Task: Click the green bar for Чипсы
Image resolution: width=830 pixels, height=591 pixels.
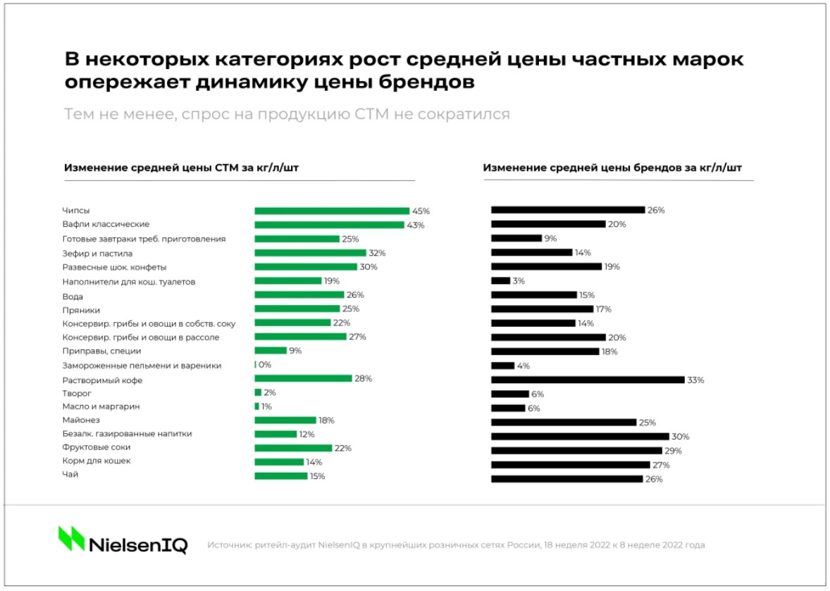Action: tap(332, 211)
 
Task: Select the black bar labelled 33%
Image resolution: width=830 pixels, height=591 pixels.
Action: tap(588, 380)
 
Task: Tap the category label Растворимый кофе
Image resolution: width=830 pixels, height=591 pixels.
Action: tap(103, 380)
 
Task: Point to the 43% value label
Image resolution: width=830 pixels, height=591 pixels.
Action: tap(416, 225)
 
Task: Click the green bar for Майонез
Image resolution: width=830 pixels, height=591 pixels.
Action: tap(285, 420)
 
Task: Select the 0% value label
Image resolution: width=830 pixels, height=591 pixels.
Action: tap(265, 365)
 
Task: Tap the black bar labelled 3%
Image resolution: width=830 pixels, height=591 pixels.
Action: tap(500, 280)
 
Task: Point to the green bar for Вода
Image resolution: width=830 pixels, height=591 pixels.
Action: tap(299, 294)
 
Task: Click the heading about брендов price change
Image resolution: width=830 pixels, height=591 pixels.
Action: tap(612, 168)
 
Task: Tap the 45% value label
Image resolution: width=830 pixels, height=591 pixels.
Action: tap(421, 211)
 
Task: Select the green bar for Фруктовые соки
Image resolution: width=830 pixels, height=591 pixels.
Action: tap(293, 448)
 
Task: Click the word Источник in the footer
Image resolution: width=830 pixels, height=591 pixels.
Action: tap(227, 545)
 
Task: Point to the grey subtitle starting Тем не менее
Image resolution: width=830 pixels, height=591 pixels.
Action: tap(287, 114)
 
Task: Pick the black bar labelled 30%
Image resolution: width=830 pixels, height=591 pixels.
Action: tap(580, 436)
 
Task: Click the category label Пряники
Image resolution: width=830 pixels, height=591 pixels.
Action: tap(81, 309)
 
